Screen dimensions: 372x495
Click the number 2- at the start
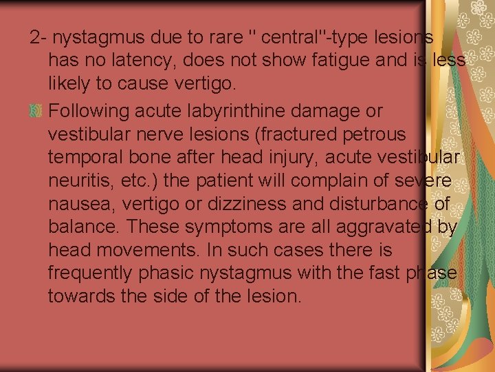pos(38,37)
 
